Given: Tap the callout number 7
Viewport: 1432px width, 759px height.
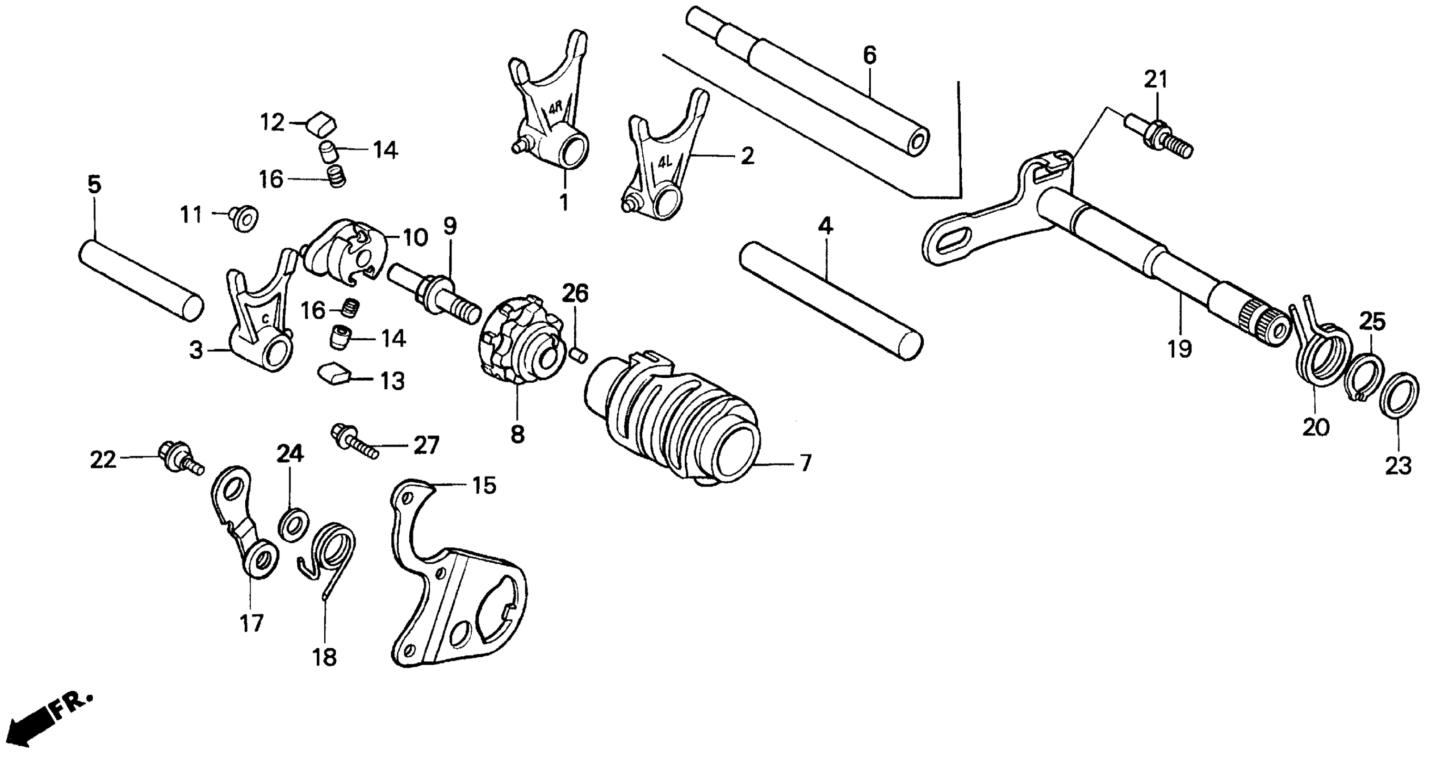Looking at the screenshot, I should tap(805, 463).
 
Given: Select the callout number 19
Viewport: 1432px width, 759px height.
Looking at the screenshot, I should tap(1179, 349).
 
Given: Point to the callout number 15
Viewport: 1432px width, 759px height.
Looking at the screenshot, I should tap(483, 486).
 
